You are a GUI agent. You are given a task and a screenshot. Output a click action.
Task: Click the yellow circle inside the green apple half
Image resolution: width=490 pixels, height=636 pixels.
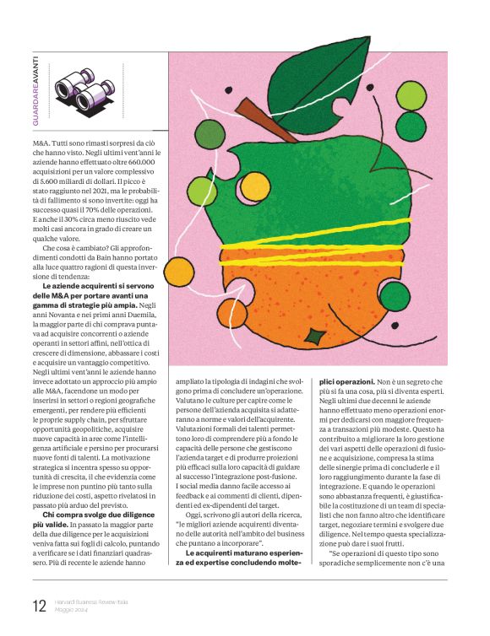coord(254,186)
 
